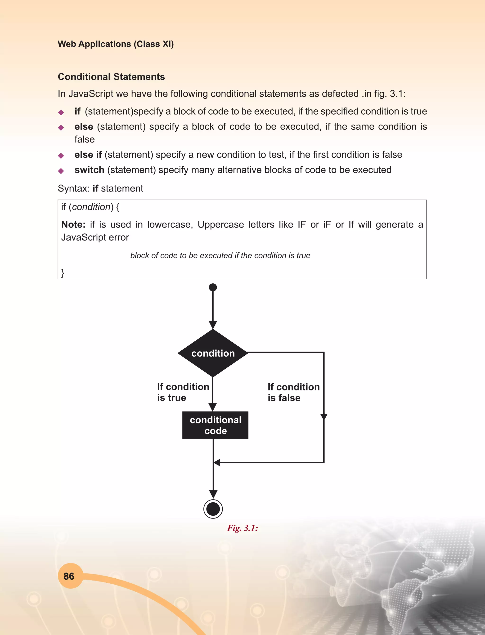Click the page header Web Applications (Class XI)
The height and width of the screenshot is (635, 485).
coord(116,44)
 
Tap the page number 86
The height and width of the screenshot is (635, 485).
coord(69,576)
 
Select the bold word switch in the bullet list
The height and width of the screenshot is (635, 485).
coord(89,170)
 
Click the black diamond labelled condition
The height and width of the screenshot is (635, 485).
coord(213,353)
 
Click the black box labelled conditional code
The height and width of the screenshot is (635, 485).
coord(215,425)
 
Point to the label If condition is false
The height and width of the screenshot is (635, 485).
coord(293,392)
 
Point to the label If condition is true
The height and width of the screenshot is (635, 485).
coord(183,392)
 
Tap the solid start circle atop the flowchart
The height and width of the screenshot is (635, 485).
coord(213,287)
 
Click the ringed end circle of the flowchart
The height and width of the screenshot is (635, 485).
coord(213,509)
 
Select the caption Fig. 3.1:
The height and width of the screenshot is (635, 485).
coord(242,528)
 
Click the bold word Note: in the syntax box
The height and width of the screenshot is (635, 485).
coord(73,224)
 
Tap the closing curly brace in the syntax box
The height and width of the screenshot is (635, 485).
coord(63,273)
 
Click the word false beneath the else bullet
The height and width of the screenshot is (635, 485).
coord(84,139)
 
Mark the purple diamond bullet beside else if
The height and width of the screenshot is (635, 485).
coord(61,156)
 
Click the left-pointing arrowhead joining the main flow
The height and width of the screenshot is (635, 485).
coord(216,462)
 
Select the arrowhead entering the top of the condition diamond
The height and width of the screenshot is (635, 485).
coord(213,325)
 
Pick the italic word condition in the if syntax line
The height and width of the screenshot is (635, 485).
coord(91,207)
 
